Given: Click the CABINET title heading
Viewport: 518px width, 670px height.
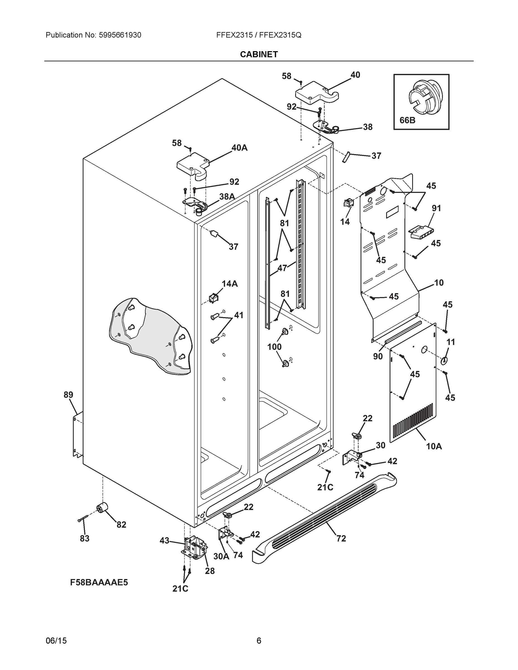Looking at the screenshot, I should (259, 54).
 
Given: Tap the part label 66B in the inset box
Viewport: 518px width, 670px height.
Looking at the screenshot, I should (407, 120).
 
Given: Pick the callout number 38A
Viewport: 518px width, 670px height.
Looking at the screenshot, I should (227, 197).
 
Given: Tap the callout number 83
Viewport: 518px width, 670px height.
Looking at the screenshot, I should (84, 539).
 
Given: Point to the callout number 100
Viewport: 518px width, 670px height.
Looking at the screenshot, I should (274, 347).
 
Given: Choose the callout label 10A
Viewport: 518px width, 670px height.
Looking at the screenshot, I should (434, 446).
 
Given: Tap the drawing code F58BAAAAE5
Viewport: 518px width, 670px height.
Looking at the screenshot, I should (99, 582).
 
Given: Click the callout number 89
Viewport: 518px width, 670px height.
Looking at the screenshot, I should (68, 395).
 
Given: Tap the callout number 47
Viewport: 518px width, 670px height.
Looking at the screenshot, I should (282, 268).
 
